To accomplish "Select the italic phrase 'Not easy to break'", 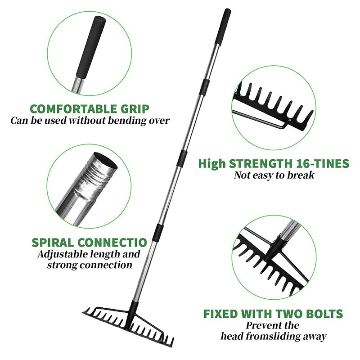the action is (x=274, y=175).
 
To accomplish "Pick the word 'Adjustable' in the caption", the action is (x=62, y=254).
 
